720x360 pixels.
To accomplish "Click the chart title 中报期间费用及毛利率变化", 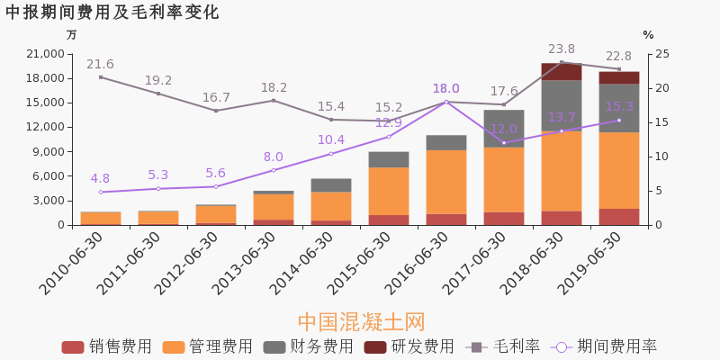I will coord(112,13).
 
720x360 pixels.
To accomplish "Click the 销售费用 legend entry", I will coord(107,346).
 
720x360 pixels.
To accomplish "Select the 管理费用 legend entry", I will coord(208,346).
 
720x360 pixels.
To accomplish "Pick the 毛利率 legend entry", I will coord(503,346).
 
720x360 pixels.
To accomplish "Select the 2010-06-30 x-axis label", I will coord(73,262).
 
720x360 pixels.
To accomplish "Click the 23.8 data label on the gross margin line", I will coord(562,49).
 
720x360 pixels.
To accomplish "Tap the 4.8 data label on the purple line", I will coord(100,178).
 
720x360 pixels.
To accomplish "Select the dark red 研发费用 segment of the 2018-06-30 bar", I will coord(561,71).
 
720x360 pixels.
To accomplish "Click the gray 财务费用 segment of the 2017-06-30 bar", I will coord(503,128).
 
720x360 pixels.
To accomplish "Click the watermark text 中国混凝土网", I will coord(361,321).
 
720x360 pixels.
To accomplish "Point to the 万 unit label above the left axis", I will coord(72,35).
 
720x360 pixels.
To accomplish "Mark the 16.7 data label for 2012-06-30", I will coord(216,97).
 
